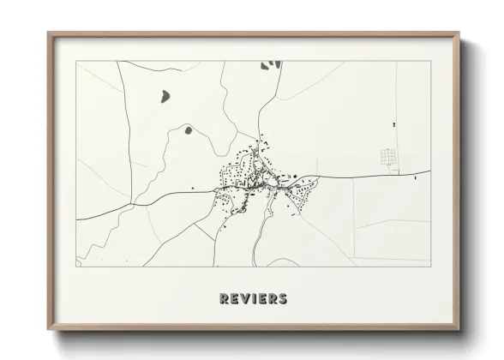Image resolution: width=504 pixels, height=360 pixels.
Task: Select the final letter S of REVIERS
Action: coord(283,299)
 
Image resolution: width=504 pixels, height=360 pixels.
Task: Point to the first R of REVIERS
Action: coord(225,299)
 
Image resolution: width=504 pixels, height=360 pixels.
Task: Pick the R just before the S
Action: coord(273,299)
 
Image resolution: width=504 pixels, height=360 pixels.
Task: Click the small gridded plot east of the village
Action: coord(390,157)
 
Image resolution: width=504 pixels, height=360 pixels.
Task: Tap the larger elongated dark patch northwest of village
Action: coord(163,95)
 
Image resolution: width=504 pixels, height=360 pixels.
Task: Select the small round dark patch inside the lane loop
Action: coord(187,131)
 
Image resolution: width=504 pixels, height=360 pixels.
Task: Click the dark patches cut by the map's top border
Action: coord(272,64)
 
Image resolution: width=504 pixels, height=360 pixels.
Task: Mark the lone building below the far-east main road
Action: coord(415,178)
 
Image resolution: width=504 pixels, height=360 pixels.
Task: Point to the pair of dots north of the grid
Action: coord(394,125)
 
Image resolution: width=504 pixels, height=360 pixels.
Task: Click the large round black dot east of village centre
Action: coord(299,177)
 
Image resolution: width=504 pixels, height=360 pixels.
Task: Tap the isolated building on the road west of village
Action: coord(193,188)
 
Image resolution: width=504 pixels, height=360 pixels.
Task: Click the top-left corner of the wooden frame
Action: coord(49,33)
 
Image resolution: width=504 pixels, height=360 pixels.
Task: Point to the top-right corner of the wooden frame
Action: coord(460,33)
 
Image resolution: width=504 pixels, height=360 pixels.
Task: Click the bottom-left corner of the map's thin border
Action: coord(76,266)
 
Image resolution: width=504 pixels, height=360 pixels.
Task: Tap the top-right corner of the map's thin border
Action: coord(430,61)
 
